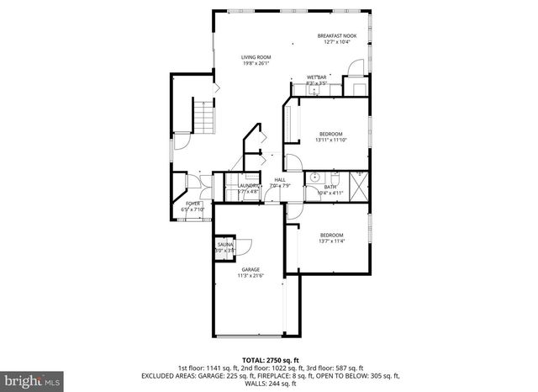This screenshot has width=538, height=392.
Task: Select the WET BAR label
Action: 317,77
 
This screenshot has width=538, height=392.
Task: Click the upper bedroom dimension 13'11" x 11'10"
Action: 331,140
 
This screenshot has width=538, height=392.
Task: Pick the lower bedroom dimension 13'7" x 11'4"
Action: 331,241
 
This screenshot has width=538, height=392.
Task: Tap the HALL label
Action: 279,178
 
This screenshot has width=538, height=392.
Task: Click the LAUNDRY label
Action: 247,185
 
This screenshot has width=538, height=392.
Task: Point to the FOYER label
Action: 193,203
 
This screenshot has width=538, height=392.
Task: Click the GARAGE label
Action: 251,269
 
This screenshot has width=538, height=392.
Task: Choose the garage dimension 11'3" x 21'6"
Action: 251,275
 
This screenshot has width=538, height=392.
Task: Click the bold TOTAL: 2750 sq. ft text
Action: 269,359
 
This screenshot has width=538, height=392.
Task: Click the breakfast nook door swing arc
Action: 356,67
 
